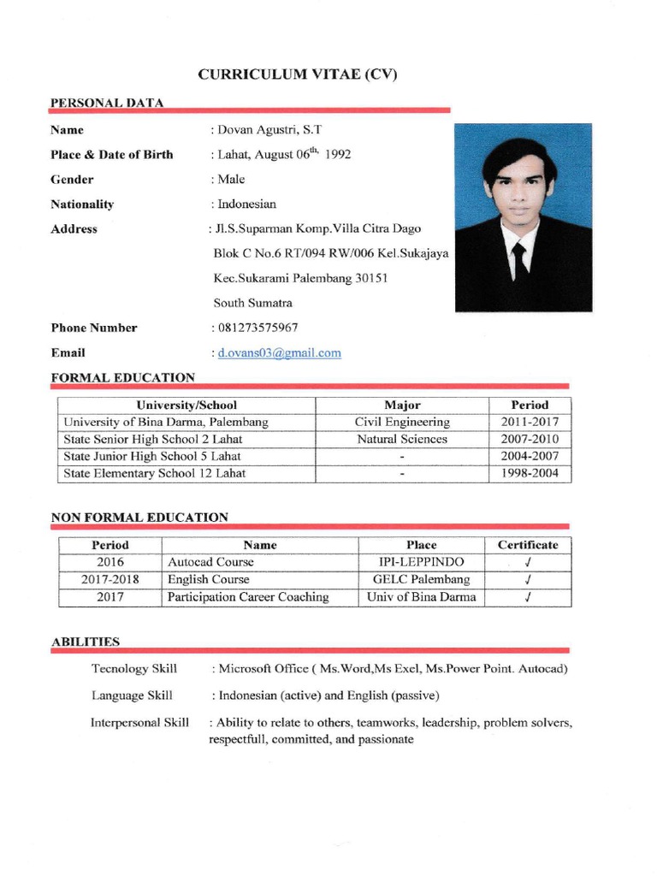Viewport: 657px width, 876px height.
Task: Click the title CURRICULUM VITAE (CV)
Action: click(x=298, y=74)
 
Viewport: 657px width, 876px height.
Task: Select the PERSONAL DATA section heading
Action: click(x=107, y=103)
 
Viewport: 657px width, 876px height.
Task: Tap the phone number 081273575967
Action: click(x=257, y=328)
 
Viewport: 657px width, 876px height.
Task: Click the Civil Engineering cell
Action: click(x=402, y=422)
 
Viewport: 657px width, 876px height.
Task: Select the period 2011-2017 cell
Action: click(x=530, y=422)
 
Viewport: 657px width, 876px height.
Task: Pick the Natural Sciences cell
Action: click(x=402, y=439)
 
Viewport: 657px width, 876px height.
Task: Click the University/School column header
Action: click(x=186, y=405)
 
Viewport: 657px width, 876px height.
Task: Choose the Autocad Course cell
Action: click(x=210, y=562)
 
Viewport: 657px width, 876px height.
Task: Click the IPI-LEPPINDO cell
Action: click(x=422, y=562)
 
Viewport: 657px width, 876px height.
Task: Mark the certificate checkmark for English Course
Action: click(x=529, y=580)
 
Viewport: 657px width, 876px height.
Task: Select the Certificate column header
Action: click(x=528, y=545)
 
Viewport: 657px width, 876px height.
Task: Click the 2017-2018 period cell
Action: click(x=110, y=579)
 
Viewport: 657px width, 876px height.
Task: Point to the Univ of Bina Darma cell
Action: click(x=422, y=597)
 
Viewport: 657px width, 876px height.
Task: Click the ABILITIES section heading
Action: click(x=86, y=641)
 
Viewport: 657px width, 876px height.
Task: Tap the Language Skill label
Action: click(x=132, y=695)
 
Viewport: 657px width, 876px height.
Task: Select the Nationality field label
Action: click(x=82, y=204)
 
